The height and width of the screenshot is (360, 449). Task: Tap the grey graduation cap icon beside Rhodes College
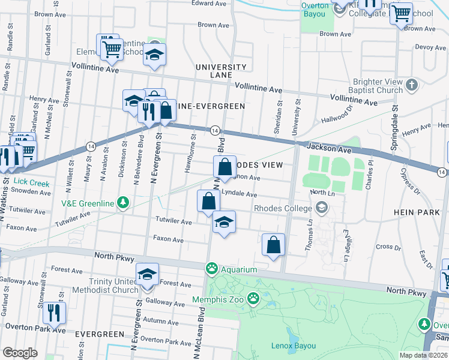[322, 208]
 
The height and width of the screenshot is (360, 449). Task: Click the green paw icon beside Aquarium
[212, 268]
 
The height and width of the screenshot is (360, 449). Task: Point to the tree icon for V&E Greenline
[123, 203]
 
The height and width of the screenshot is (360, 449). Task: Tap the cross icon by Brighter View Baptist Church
[412, 85]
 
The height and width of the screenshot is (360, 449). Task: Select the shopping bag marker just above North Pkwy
[273, 245]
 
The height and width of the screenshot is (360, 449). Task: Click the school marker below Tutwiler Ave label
[224, 223]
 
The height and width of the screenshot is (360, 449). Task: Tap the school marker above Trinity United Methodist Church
[147, 275]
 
